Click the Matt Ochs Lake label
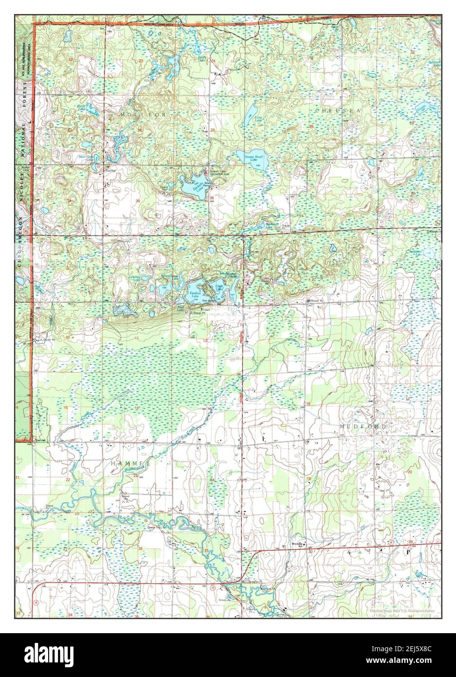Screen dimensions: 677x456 pyautogui.click(x=88, y=157)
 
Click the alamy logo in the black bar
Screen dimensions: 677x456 pyautogui.click(x=49, y=655)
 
